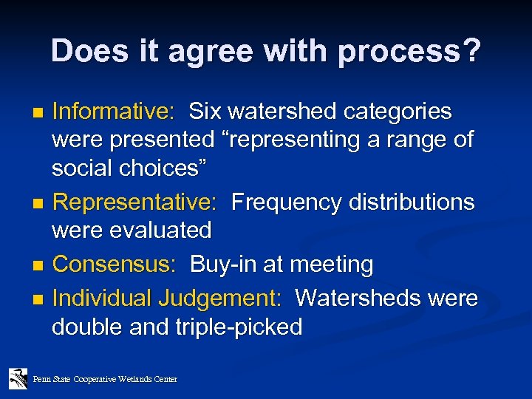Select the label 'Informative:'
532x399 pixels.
point(113,112)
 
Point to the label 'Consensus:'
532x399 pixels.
point(115,264)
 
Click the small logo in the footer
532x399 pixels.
point(18,378)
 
